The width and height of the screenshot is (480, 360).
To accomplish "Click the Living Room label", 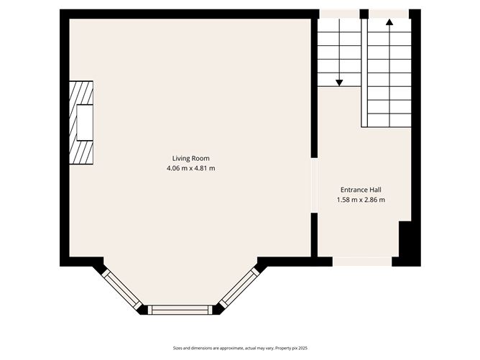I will [x=190, y=158].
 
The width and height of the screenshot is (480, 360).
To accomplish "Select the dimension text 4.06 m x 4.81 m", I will [x=190, y=168].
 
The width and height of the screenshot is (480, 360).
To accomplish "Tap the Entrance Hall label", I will [x=361, y=190].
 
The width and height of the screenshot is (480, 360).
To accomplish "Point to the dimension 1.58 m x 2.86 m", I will [x=361, y=200].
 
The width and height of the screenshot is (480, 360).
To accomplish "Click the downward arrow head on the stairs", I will [x=339, y=83].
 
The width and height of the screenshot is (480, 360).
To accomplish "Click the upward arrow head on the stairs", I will [x=389, y=22].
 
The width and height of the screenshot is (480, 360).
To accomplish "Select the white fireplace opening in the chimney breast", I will [x=86, y=123].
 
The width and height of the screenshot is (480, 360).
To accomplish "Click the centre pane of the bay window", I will [x=180, y=310].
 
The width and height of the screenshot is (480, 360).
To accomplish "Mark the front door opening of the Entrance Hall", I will [x=362, y=262].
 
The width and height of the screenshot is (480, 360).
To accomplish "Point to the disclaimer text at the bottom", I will [x=240, y=347].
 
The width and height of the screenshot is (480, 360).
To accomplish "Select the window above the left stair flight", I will [x=339, y=13].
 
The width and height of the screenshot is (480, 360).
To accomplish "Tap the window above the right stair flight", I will [x=389, y=13].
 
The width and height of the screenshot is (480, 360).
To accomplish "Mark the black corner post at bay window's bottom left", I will [x=142, y=310].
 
